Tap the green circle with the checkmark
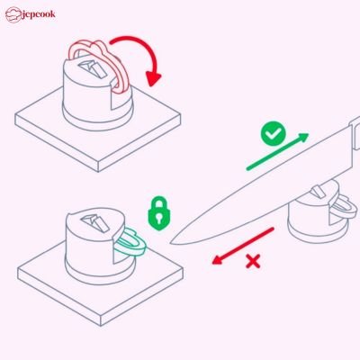coord(273,134)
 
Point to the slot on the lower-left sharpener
coord(93,220)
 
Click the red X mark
coord(255,263)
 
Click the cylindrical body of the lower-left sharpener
coord(90,247)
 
